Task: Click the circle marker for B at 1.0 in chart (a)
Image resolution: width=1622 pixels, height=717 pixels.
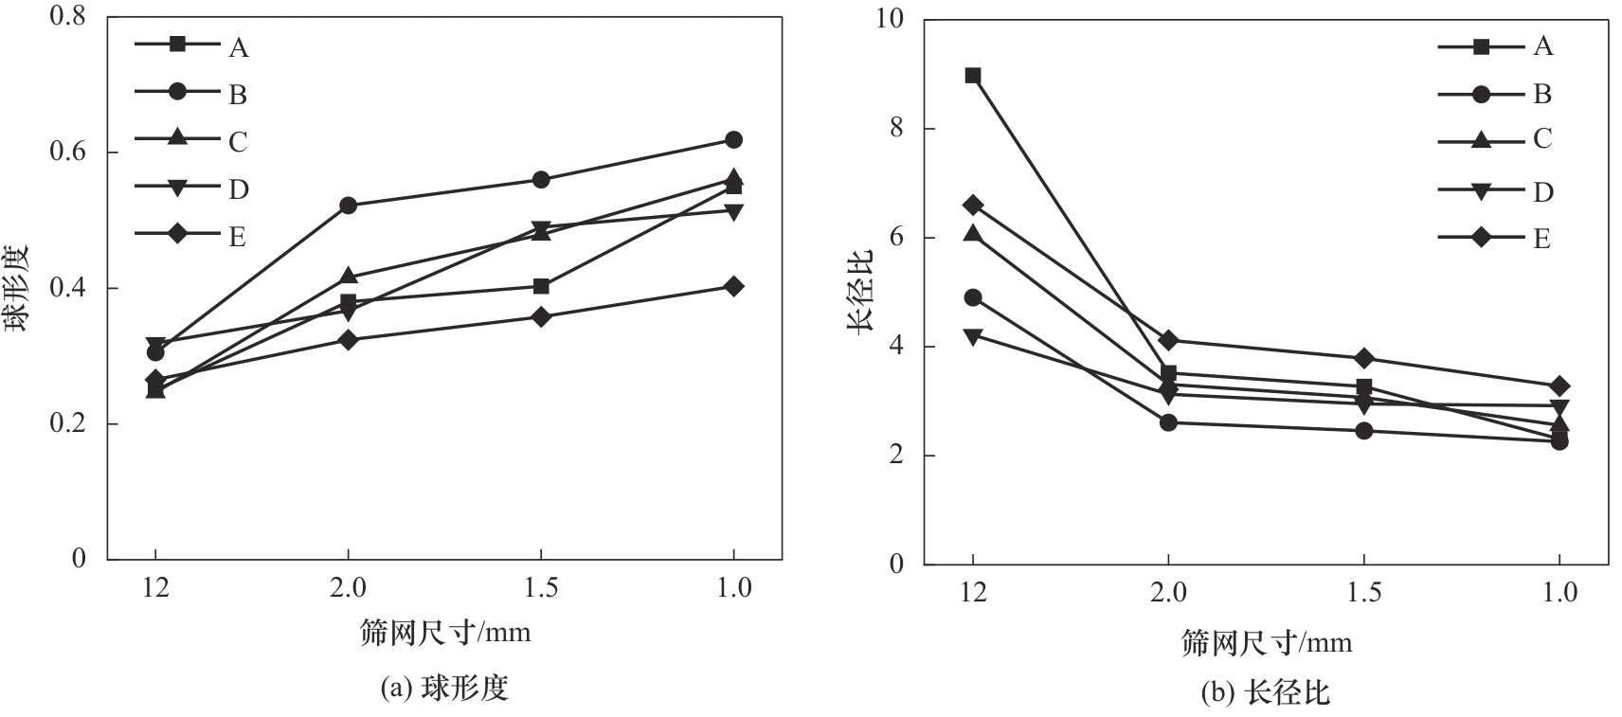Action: [x=733, y=140]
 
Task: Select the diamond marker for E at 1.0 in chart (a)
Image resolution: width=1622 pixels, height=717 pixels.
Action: [x=733, y=286]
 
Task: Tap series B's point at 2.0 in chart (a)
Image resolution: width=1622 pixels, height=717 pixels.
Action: [x=348, y=205]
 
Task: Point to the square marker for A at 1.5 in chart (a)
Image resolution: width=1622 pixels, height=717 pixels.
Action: [x=541, y=286]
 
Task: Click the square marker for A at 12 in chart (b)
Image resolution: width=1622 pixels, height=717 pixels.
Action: [x=973, y=76]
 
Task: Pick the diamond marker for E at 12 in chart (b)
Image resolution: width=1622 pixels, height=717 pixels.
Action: [x=973, y=205]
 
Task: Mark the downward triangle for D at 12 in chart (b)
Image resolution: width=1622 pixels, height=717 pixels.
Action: [x=973, y=335]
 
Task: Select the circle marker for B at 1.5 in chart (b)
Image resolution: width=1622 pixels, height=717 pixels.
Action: [x=1364, y=431]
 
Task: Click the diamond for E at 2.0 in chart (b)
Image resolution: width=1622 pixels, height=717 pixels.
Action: [x=1168, y=340]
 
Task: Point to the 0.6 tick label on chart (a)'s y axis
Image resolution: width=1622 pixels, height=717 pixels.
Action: [x=66, y=152]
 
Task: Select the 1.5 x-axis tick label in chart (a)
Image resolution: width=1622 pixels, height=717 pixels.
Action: [x=541, y=588]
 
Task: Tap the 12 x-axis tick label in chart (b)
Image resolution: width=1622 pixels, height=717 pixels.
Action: [x=973, y=593]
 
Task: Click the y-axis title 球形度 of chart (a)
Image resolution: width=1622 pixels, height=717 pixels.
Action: [x=19, y=288]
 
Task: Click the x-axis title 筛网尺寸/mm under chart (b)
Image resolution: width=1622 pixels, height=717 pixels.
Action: [x=1267, y=643]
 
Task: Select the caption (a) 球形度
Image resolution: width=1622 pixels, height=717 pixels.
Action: [x=444, y=689]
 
